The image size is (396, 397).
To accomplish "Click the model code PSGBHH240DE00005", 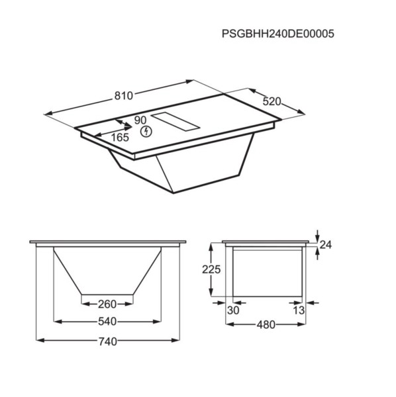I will [x=273, y=35].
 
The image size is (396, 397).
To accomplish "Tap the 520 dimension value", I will [x=272, y=102].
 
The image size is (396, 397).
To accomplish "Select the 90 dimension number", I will [x=140, y=120].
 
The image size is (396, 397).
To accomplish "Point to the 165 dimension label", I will [x=119, y=138].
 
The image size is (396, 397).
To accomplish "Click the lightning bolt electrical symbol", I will [x=146, y=131].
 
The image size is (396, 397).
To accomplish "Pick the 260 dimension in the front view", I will [x=107, y=304].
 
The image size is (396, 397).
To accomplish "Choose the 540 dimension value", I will [x=107, y=323].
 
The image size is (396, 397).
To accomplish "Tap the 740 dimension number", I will [x=107, y=341].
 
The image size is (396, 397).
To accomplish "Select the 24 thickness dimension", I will [x=324, y=245].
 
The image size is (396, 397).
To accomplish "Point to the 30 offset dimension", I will [x=232, y=310].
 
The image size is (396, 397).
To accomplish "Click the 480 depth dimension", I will [x=265, y=325].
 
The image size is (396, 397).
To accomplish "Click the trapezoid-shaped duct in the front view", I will [x=107, y=271].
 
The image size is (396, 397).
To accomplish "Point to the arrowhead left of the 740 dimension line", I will [x=38, y=340].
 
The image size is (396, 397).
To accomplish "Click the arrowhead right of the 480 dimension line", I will [x=303, y=324].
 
